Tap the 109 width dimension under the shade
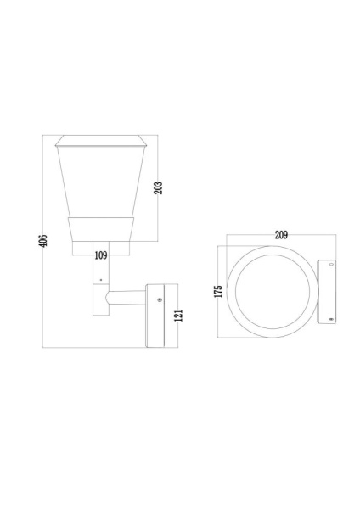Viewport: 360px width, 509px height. pyautogui.click(x=100, y=254)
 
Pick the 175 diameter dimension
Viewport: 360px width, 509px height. pyautogui.click(x=219, y=290)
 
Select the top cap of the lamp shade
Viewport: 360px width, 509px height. pyautogui.click(x=100, y=140)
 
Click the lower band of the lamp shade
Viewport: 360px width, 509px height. pyautogui.click(x=100, y=228)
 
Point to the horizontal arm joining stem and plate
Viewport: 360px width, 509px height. pyautogui.click(x=127, y=298)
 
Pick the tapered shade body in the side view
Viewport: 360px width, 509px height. pyautogui.click(x=100, y=182)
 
